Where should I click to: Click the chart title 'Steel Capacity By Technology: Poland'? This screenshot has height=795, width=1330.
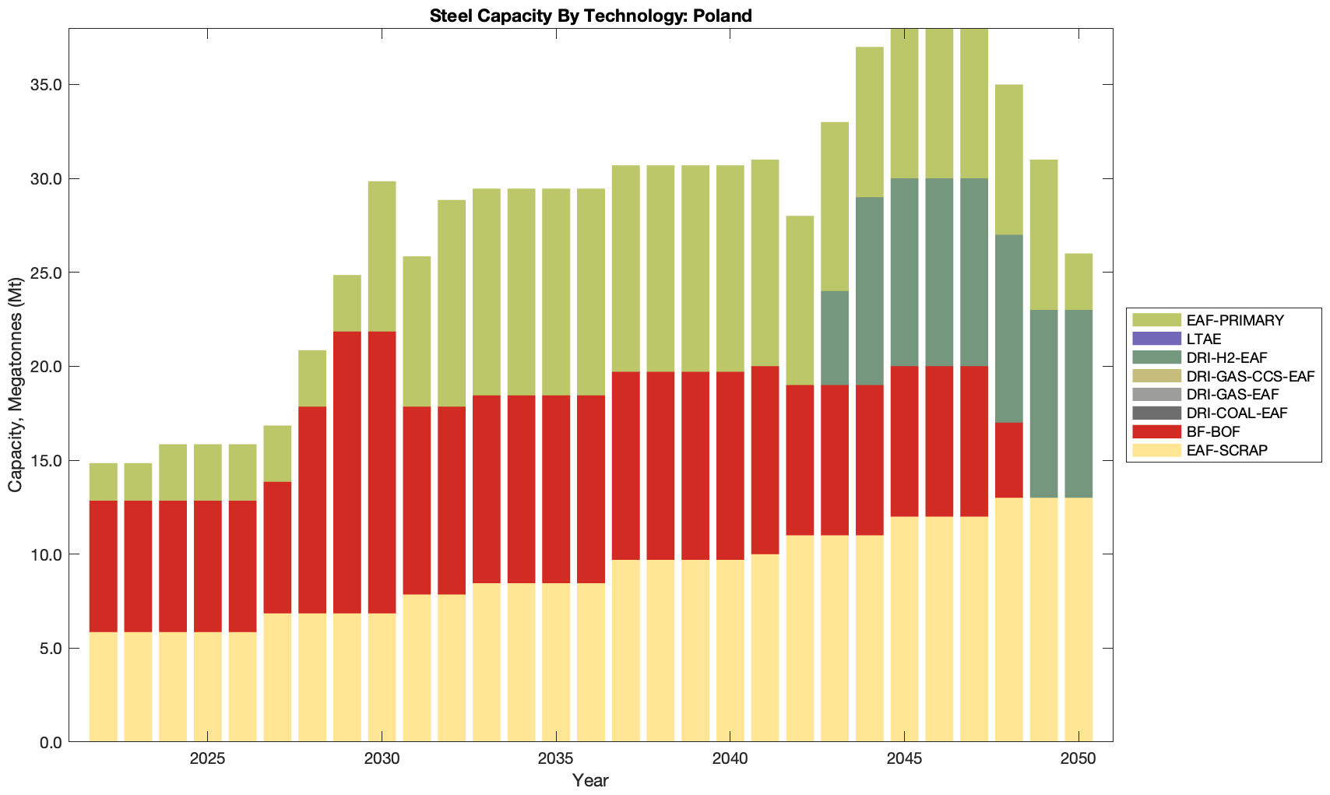coord(590,15)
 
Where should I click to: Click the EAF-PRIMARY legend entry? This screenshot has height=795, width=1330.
coord(1235,320)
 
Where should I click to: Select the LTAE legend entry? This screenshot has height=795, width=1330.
coord(1204,339)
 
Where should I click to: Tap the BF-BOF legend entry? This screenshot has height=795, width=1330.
coord(1213,431)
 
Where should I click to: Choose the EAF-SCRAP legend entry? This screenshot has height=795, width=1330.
coord(1226,450)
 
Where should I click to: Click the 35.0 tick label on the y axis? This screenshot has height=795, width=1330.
coord(46,85)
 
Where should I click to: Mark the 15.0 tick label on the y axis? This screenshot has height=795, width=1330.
coord(46,461)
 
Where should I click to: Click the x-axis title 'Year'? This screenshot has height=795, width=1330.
coord(590,780)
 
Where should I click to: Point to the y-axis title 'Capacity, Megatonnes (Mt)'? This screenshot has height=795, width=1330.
coord(15,385)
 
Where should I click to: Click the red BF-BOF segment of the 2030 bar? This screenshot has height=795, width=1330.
coord(382,473)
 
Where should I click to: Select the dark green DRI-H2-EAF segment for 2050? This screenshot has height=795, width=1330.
coord(1078,404)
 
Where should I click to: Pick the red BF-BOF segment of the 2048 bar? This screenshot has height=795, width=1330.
coord(1009,460)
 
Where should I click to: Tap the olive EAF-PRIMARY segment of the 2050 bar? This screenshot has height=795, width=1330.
coord(1078,282)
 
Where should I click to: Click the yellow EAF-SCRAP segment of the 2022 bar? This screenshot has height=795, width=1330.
coord(104,687)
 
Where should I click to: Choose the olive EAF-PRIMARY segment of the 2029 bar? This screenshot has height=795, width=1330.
coord(347,304)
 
